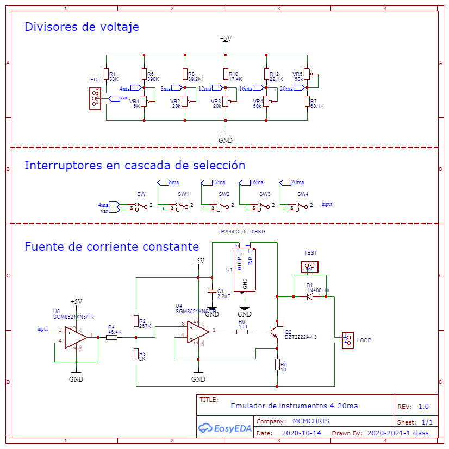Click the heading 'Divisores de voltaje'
pos(82,27)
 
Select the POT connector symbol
pos(96,98)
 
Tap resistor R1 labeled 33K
pos(107,76)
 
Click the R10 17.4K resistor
pos(226,75)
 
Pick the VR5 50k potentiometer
pos(307,74)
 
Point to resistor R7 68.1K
pos(307,103)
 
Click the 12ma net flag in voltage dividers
pos(217,88)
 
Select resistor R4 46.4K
pos(112,337)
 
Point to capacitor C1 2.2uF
pos(211,293)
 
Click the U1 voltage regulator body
pos(245,269)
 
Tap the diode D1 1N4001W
pos(310,296)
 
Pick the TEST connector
pos(310,267)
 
